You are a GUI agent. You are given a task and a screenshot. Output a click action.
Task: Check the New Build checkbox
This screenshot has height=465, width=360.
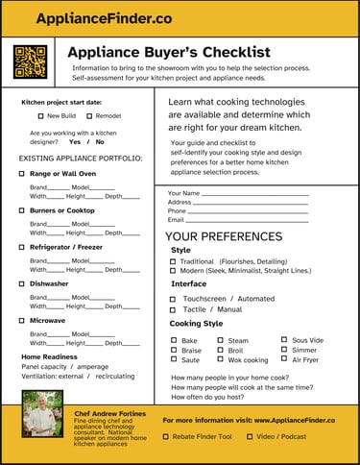[40, 116]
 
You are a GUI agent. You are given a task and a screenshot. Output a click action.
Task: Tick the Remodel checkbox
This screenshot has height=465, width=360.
[89, 116]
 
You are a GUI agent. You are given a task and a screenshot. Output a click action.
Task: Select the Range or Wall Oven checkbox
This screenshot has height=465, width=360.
[21, 174]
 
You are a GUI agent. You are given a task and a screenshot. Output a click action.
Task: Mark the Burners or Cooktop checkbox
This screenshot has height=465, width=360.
[21, 210]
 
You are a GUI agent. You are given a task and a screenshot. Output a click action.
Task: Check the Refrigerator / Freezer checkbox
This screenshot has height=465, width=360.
[21, 247]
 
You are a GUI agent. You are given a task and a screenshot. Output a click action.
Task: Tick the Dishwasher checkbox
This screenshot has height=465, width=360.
[21, 284]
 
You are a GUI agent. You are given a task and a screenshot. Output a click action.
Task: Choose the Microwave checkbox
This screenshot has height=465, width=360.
[21, 320]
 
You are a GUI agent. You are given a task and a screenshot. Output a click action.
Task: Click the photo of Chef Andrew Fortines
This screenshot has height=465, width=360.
[42, 414]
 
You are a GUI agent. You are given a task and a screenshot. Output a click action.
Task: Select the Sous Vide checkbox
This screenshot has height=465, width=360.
[285, 340]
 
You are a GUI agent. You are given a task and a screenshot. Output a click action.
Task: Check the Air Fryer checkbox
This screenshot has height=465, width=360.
[285, 359]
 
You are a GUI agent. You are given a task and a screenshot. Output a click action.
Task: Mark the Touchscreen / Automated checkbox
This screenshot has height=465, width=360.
[173, 299]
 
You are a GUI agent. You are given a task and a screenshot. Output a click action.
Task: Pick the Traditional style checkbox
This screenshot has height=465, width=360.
[173, 261]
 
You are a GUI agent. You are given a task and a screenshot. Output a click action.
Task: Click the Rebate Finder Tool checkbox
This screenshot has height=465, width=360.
[166, 436]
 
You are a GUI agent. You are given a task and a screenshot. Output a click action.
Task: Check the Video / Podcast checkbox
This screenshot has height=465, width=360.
[248, 436]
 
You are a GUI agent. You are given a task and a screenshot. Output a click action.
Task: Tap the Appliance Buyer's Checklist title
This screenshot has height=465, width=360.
[170, 52]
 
